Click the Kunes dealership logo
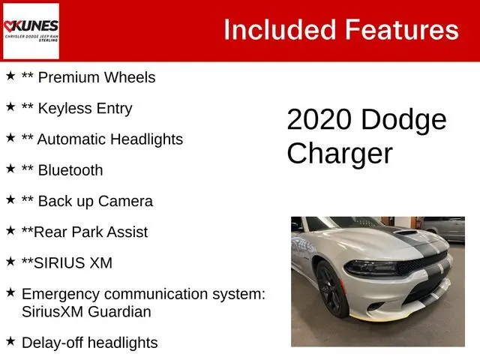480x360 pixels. coord(31,31)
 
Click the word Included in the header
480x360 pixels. coord(280,30)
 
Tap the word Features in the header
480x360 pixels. coord(402,30)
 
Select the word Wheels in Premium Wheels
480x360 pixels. coord(130,77)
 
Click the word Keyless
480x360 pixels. coord(65,108)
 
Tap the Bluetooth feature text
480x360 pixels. coord(70,170)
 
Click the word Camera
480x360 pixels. coord(125,201)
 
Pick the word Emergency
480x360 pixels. coord(61,295)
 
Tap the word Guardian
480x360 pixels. coord(119,312)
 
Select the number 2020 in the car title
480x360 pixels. coord(319,119)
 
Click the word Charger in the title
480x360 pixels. coord(340,154)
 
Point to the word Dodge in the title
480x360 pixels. coord(403,120)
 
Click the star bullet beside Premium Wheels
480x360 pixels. coord(10,76)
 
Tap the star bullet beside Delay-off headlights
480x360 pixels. coord(10,340)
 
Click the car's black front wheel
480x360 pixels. coord(331,289)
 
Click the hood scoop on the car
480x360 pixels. coord(405,232)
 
